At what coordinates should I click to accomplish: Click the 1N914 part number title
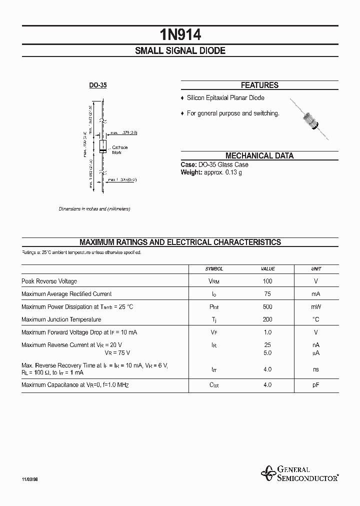180,34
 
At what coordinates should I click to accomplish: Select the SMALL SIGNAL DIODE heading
180,51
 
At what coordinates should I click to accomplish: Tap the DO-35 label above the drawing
98,85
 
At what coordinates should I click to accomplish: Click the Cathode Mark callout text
119,149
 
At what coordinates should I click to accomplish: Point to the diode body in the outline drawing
102,146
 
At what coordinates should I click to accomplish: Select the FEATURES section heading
259,85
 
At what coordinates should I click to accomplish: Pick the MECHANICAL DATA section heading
259,155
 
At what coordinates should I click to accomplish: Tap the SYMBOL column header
214,268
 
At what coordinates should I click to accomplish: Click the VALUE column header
267,268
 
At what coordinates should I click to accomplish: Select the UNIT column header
316,268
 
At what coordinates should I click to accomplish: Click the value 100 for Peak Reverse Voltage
267,281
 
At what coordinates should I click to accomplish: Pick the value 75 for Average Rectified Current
267,294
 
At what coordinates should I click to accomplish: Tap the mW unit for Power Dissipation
316,307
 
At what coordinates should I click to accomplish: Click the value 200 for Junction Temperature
267,319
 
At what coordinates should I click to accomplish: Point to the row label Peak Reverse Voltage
49,281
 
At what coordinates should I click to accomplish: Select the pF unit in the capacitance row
316,385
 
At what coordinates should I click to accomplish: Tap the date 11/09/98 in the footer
30,479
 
